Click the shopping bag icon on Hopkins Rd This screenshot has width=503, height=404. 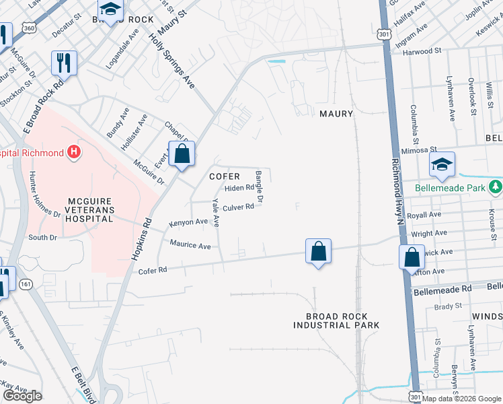tap(182, 154)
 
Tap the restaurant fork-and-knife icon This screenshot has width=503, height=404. tap(65, 63)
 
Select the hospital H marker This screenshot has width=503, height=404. tap(74, 153)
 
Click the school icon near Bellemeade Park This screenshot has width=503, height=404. tap(442, 164)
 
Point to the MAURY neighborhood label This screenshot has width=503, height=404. tap(336, 114)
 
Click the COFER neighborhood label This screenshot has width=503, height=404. tap(225, 176)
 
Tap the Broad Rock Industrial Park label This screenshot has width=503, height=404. tap(336, 321)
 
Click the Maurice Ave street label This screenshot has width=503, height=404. tap(190, 245)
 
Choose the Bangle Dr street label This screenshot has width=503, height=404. tap(260, 187)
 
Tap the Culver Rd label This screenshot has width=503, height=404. tap(238, 207)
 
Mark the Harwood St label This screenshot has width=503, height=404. tap(422, 50)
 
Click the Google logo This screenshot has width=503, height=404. tap(22, 396)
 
